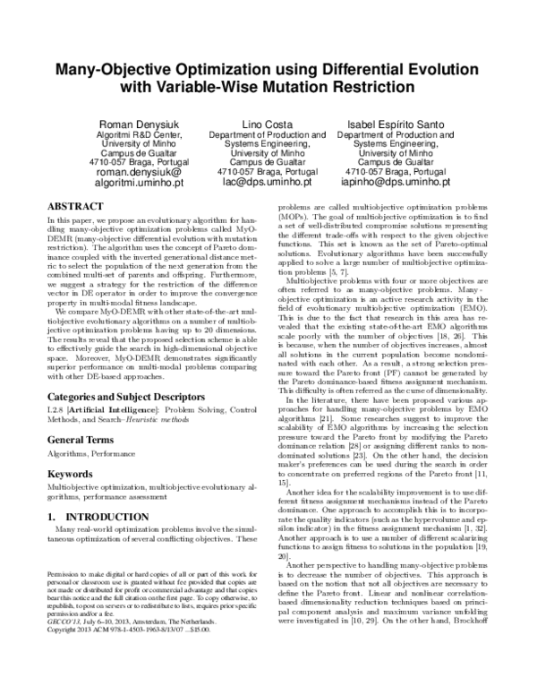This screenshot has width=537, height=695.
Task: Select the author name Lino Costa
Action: click(x=267, y=124)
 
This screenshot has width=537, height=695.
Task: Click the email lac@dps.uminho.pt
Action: click(x=267, y=181)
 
